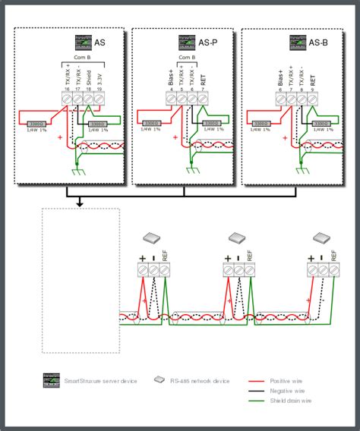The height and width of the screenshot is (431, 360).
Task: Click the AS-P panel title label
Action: (209, 43)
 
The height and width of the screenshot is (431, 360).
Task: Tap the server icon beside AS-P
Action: (187, 43)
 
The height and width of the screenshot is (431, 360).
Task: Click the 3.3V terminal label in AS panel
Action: (102, 78)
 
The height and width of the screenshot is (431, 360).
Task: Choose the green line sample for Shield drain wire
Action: (263, 399)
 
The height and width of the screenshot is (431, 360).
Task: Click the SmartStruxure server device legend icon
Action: (52, 379)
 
